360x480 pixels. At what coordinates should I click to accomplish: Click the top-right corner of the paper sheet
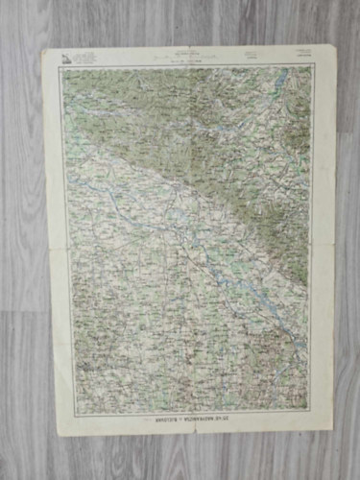(335, 45)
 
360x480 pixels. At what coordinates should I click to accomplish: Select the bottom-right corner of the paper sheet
(332, 428)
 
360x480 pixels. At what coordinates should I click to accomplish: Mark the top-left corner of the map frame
(62, 67)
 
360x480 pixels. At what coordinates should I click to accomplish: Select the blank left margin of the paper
(57, 240)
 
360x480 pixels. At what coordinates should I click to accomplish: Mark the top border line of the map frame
(188, 66)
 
